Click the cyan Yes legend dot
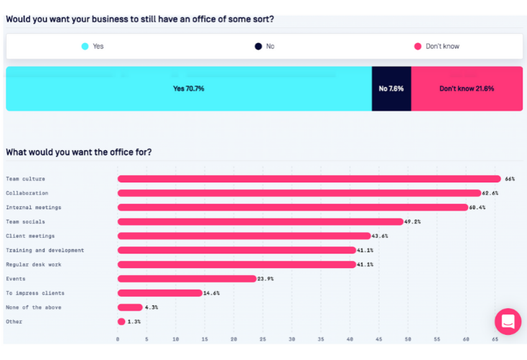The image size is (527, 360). click(85, 46)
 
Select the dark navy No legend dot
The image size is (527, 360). click(258, 46)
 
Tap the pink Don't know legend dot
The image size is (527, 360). click(417, 46)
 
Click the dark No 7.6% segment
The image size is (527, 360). click(391, 88)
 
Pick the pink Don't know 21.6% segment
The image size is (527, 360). click(467, 88)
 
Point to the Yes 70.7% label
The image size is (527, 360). click(188, 89)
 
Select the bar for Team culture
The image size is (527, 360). click(309, 179)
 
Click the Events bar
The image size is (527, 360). click(187, 279)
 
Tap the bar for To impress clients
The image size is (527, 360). click(159, 293)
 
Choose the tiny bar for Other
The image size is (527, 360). click(121, 321)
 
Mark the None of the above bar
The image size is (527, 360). click(130, 308)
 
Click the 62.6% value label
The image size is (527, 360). click(491, 193)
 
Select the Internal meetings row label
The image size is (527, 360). click(34, 208)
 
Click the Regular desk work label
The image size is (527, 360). click(33, 264)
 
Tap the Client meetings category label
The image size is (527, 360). click(30, 236)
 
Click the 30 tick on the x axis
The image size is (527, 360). click(292, 338)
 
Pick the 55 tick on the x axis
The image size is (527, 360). click(437, 338)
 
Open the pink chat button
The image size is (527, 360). click(508, 321)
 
